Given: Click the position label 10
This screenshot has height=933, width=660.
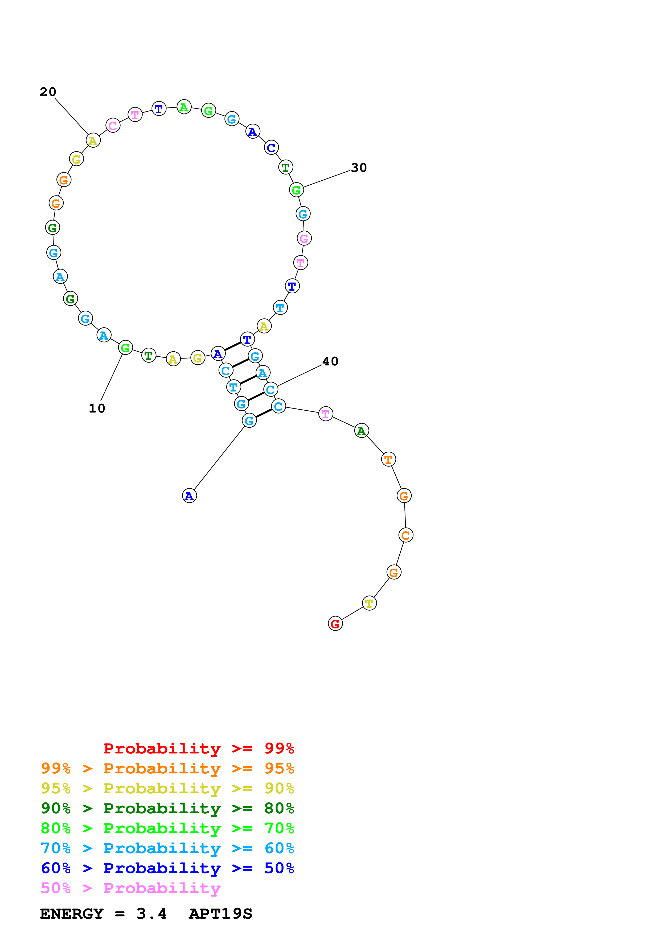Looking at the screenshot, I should pos(97,408).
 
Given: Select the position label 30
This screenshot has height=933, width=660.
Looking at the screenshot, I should pos(359,167).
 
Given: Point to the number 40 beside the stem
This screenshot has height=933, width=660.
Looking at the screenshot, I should pos(330,361).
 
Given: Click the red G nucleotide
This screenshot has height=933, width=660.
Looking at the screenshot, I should pos(335,623).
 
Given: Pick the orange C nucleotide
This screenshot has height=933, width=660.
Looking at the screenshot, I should pos(405,535).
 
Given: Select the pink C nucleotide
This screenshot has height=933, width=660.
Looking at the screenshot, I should pos(113,126).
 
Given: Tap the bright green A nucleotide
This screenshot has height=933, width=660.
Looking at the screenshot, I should pos(184,107).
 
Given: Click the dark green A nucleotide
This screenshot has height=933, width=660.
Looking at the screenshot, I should pos(361,431).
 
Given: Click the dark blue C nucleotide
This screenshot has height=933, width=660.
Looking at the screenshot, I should pos(271,148).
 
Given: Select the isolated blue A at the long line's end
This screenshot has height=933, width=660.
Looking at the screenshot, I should pos(189,496).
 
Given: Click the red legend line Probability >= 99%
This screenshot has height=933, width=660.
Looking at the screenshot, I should pos(198,748).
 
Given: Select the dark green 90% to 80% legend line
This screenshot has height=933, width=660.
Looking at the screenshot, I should pos(167,808).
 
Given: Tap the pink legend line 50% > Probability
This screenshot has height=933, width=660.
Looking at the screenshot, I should pos(130,888).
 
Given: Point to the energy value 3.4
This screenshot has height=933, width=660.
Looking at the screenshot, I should pos(151,914).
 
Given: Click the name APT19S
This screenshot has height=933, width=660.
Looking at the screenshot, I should pos(220,914).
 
